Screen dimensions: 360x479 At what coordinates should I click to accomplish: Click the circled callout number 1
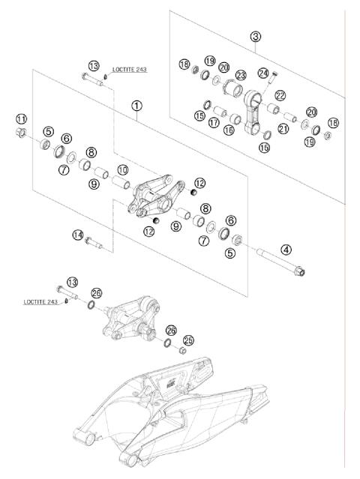click(x=136, y=106)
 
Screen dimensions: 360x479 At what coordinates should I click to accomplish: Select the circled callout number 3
click(x=256, y=37)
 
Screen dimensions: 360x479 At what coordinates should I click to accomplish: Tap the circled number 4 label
click(x=286, y=250)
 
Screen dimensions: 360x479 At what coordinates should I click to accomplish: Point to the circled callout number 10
click(x=122, y=170)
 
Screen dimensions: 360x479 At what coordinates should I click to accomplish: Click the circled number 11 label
click(x=22, y=118)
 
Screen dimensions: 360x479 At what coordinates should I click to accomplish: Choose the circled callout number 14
click(x=77, y=235)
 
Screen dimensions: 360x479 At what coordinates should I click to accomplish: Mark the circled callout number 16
click(x=229, y=130)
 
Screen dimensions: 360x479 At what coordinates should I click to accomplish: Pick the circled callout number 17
click(x=214, y=123)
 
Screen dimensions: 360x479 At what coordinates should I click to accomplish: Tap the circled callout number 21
click(x=283, y=129)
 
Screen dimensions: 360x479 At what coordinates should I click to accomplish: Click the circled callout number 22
click(x=280, y=96)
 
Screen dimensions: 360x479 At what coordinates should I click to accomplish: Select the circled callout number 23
click(x=241, y=75)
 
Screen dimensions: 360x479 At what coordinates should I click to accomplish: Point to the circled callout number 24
click(x=263, y=73)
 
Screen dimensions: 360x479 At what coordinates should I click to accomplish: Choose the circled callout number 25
click(x=188, y=340)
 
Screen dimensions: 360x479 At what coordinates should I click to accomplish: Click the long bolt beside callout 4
click(x=280, y=262)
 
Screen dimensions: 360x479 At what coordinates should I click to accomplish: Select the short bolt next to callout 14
click(x=94, y=243)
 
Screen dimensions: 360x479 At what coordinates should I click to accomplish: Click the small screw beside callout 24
click(x=271, y=78)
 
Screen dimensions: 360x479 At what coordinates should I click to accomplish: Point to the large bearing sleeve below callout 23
click(x=232, y=88)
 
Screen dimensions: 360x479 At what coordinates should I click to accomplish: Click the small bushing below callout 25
click(x=182, y=350)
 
